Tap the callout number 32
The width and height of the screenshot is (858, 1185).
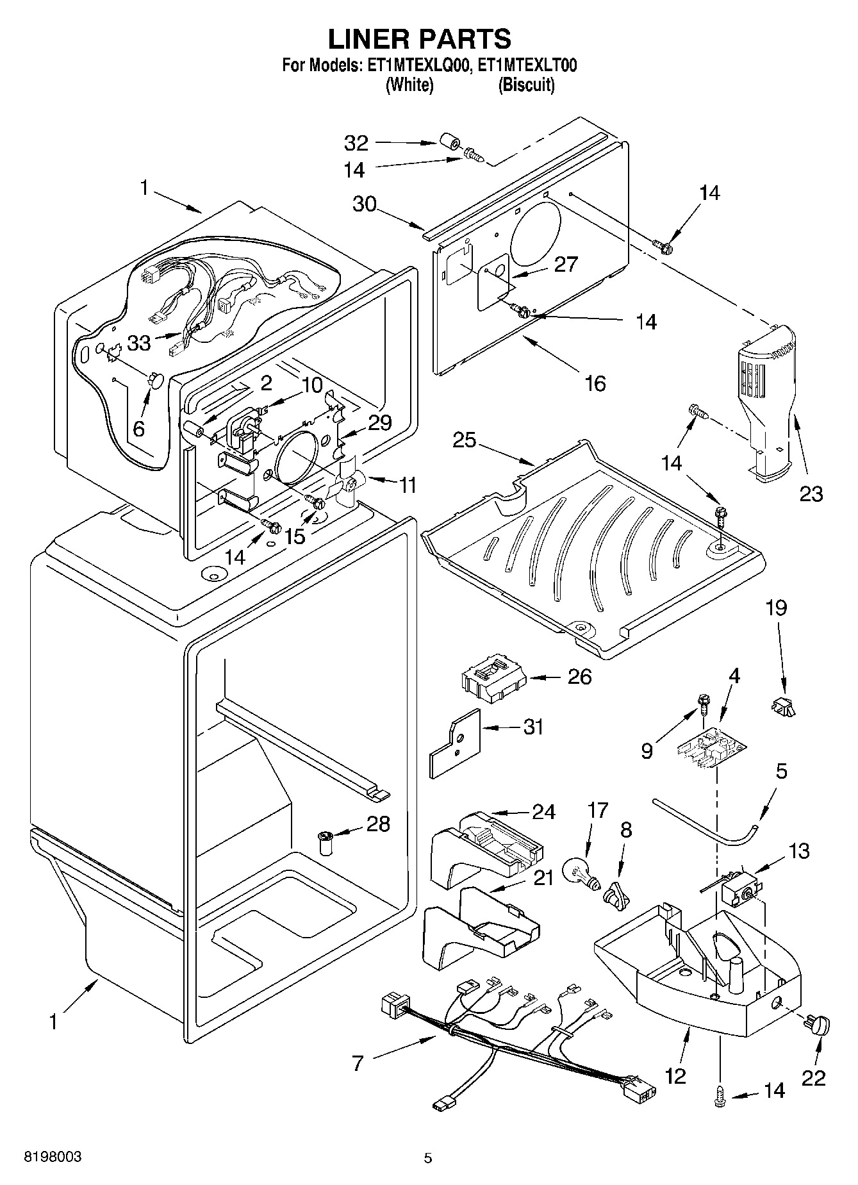(357, 142)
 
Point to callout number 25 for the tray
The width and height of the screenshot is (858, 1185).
(465, 440)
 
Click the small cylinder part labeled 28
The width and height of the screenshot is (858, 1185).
(326, 840)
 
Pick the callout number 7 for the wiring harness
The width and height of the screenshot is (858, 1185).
(358, 1063)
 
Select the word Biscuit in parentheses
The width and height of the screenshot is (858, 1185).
(527, 85)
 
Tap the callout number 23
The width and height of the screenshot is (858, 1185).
(811, 493)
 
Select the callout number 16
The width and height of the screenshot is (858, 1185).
(596, 383)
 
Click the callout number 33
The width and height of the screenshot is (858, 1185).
(138, 343)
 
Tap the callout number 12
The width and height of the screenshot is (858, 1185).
(675, 1075)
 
